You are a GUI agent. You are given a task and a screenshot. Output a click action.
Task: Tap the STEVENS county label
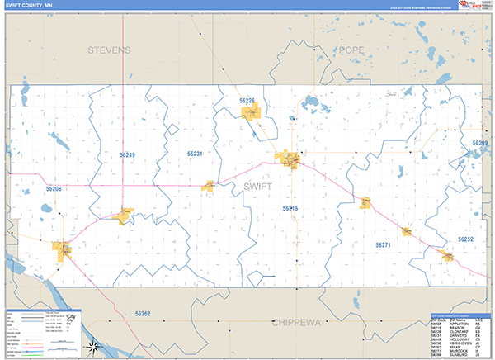pyautogui.click(x=109, y=50)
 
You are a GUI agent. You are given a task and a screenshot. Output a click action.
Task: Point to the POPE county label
pyautogui.click(x=351, y=50)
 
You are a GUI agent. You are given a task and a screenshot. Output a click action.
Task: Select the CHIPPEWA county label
pyautogui.click(x=302, y=320)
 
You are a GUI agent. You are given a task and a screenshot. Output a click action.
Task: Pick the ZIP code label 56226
pyautogui.click(x=247, y=101)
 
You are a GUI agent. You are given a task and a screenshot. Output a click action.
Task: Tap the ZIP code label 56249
pyautogui.click(x=127, y=155)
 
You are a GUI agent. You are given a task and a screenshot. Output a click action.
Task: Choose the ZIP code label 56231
pyautogui.click(x=195, y=154)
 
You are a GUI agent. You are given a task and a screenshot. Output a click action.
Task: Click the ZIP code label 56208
pyautogui.click(x=54, y=189)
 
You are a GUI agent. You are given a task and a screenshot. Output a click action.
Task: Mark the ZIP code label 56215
pyautogui.click(x=290, y=209)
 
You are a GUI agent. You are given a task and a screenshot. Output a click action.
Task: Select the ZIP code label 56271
pyautogui.click(x=383, y=245)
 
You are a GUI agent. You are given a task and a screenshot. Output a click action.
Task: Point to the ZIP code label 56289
pyautogui.click(x=479, y=144)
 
